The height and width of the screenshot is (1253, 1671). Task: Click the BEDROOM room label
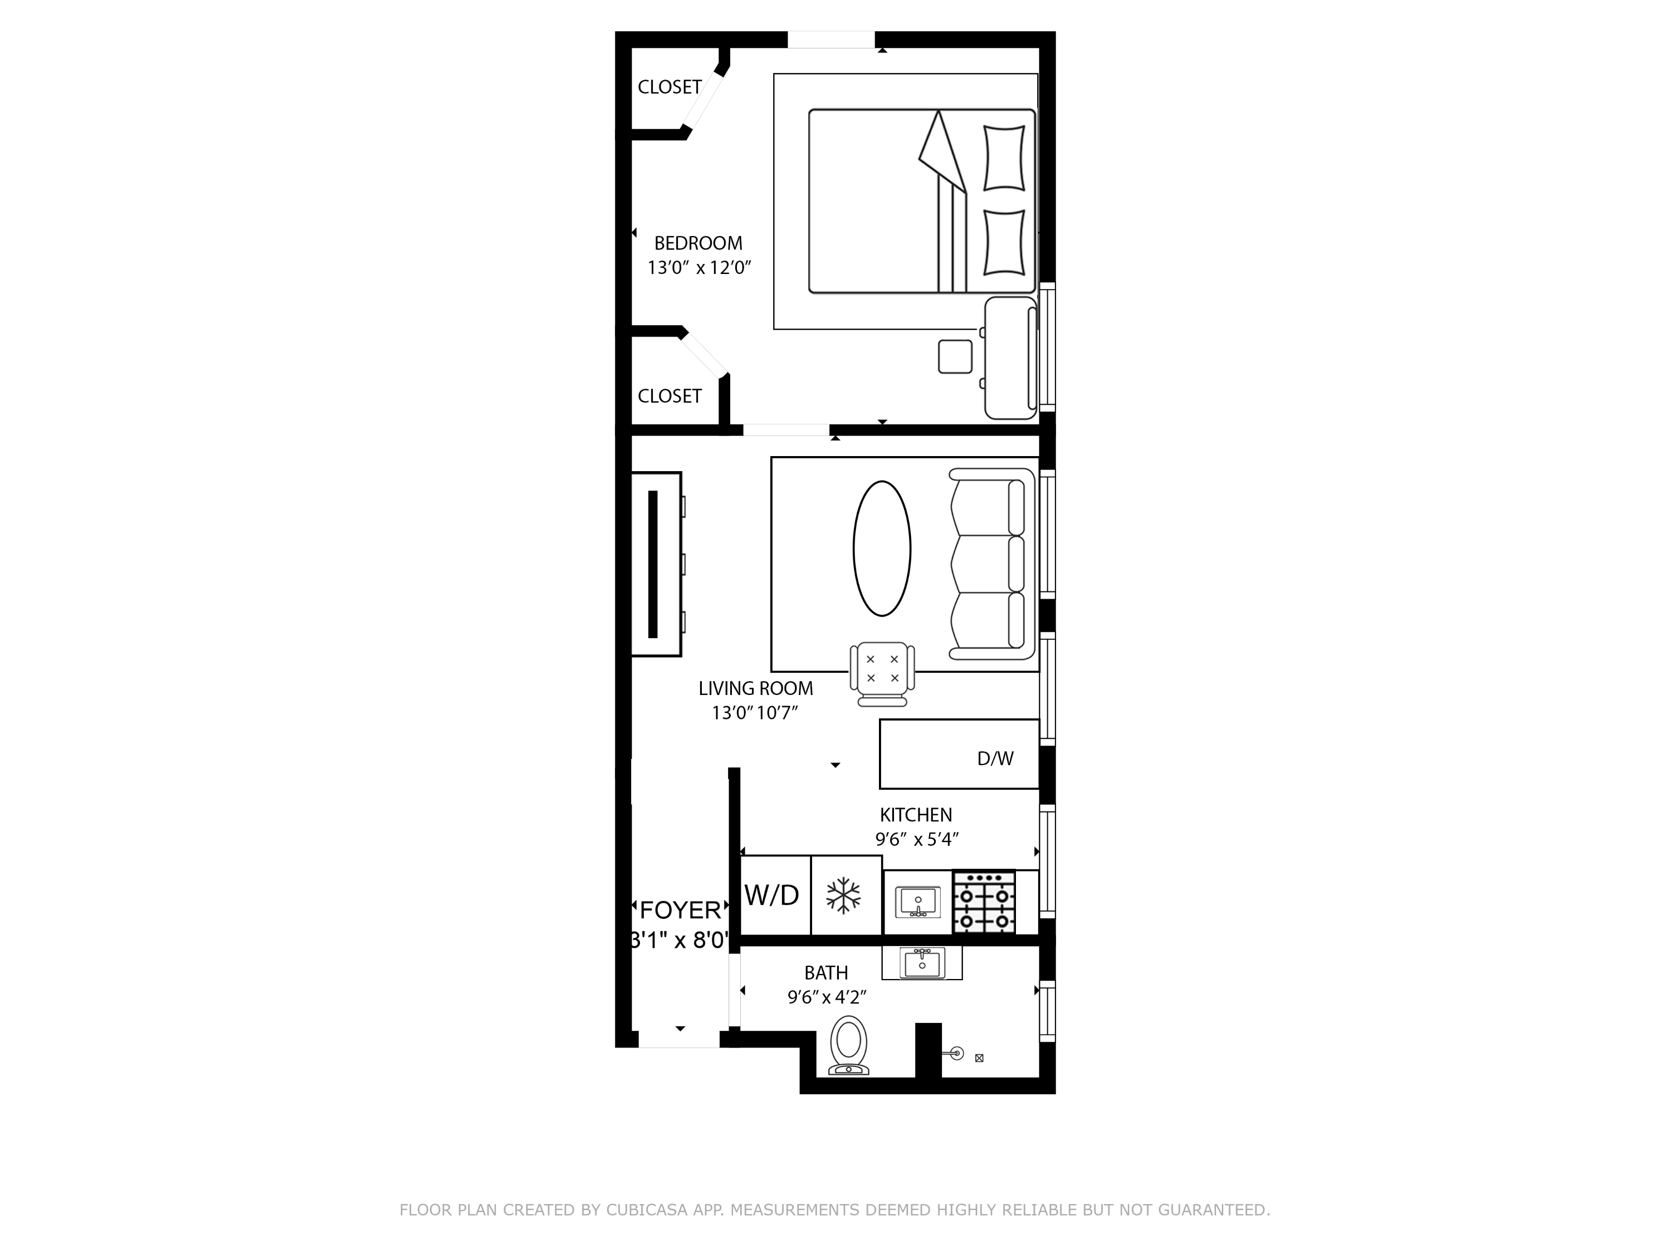click(x=698, y=243)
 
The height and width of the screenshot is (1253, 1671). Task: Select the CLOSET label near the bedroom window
click(x=670, y=87)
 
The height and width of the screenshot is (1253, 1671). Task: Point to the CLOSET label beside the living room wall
click(x=670, y=397)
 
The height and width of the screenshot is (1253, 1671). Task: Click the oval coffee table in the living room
click(x=882, y=549)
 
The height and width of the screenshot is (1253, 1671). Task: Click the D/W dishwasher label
click(x=995, y=759)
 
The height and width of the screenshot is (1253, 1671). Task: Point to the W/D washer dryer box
click(x=773, y=895)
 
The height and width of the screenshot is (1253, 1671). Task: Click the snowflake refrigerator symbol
click(x=843, y=895)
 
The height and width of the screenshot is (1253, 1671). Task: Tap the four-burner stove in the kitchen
click(x=984, y=902)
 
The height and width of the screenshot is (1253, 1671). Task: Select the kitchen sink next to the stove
click(x=918, y=902)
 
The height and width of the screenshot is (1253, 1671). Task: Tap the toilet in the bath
click(x=848, y=1045)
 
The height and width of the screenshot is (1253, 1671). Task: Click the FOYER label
click(x=681, y=910)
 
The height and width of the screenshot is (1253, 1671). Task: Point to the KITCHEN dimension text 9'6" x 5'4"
click(x=916, y=839)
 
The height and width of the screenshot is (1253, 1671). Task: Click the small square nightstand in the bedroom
click(x=955, y=356)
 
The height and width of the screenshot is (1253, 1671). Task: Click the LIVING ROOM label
click(x=755, y=689)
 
